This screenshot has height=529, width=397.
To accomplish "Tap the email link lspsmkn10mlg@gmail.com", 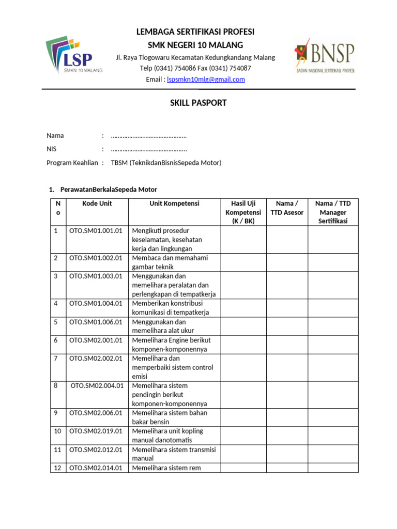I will (x=203, y=80).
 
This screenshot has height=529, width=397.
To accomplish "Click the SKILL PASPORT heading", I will (x=198, y=103).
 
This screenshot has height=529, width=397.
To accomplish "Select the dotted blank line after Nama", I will (x=149, y=136).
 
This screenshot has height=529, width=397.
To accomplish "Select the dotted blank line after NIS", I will (x=149, y=149).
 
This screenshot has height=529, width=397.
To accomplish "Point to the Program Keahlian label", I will (x=72, y=163).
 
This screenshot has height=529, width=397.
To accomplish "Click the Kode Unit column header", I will (x=97, y=204).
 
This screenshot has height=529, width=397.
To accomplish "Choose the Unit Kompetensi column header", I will (x=174, y=204).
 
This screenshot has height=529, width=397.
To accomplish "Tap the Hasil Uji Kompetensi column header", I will (x=243, y=212).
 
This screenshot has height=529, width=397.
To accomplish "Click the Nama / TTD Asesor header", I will (x=287, y=208).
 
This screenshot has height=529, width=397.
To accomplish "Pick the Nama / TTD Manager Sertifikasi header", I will (x=333, y=212).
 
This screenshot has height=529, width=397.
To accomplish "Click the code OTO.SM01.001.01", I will (x=96, y=230).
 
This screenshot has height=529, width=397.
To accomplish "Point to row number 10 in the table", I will (x=57, y=431).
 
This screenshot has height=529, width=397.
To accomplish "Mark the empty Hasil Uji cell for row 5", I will (x=243, y=326).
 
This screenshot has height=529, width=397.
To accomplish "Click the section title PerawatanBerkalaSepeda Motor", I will (x=108, y=189).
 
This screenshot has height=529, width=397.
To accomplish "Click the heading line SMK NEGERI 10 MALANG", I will (x=195, y=45).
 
